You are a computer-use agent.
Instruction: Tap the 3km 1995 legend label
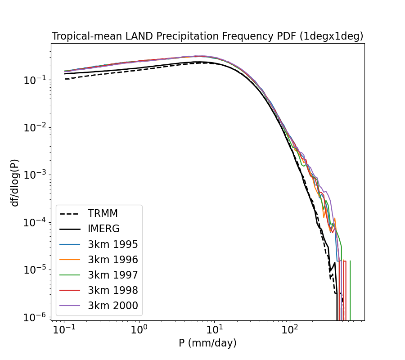(112, 245)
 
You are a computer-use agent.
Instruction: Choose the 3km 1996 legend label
(112, 260)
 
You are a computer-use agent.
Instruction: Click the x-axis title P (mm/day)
(207, 343)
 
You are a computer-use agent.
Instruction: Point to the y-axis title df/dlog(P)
(15, 182)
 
